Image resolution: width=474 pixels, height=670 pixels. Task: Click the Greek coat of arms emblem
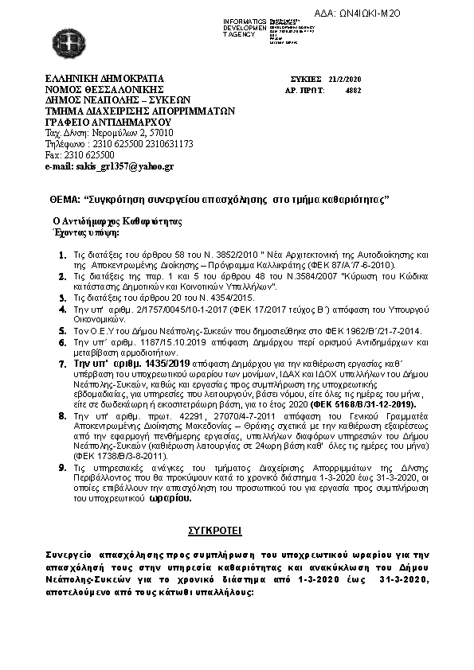click(63, 41)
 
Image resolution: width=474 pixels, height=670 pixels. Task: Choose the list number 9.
click(63, 469)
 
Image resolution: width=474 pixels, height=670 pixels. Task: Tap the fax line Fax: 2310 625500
click(80, 155)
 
